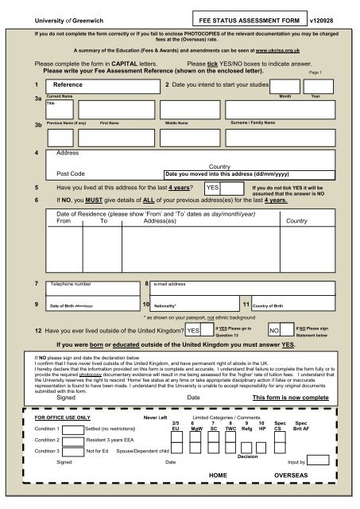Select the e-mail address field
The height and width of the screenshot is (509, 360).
click(238, 282)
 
